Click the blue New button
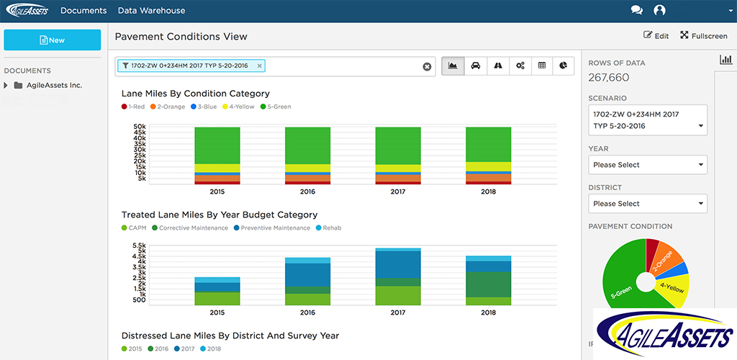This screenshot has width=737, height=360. click(x=52, y=40)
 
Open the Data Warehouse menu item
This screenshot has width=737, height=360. click(x=151, y=11)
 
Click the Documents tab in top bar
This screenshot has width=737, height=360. click(x=83, y=11)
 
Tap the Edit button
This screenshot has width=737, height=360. click(x=656, y=36)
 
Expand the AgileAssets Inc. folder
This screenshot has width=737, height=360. click(x=6, y=85)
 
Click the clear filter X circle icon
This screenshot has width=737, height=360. click(x=427, y=66)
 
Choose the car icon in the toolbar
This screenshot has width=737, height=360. click(x=475, y=66)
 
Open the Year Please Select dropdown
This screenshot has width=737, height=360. click(x=647, y=165)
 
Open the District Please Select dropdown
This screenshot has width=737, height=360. click(x=647, y=204)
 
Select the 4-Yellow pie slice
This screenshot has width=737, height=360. click(x=674, y=289)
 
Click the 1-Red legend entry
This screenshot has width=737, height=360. click(x=133, y=107)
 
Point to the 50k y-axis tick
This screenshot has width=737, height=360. click(x=140, y=127)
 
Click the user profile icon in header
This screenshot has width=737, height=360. click(x=659, y=11)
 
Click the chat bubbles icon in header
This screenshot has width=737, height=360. click(x=636, y=11)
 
